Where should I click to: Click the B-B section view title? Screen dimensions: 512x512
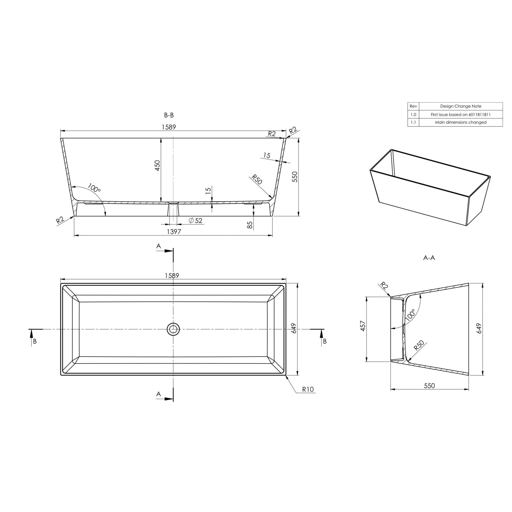169,115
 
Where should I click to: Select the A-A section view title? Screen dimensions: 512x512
429,258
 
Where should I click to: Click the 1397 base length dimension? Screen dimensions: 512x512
174,232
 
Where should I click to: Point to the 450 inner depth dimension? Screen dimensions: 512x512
157,165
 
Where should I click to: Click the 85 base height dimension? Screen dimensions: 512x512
250,225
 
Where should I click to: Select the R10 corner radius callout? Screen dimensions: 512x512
308,389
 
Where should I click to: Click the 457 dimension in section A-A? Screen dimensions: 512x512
363,326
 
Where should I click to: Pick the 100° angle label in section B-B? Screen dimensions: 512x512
94,188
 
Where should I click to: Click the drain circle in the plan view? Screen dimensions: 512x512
173,329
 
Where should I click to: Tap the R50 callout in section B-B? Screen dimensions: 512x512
256,179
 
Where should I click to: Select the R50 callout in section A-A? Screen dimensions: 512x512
419,346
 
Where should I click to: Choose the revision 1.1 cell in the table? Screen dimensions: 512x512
413,122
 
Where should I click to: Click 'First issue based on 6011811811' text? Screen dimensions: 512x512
461,115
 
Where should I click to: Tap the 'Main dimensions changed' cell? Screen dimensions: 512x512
461,122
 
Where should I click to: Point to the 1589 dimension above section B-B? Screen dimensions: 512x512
169,127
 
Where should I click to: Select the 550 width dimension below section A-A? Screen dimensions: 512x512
429,386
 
